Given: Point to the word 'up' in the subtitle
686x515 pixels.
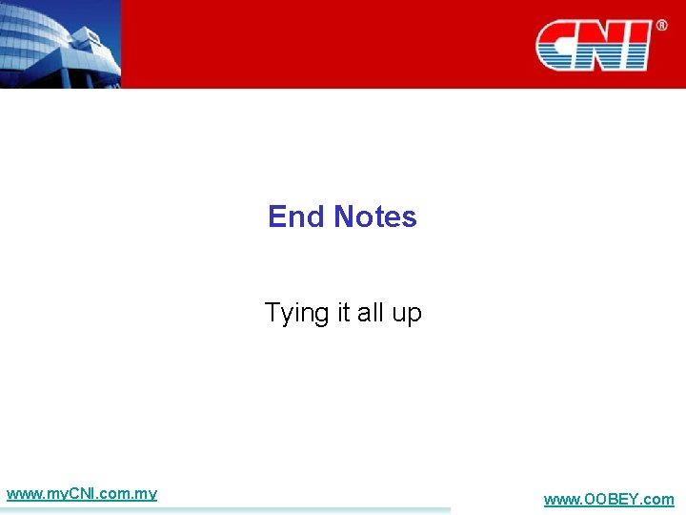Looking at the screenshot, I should (407, 314).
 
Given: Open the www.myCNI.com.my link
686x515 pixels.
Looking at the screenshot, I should (81, 494).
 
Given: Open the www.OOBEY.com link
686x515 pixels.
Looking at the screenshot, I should (608, 499).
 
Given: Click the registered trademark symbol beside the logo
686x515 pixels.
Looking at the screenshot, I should (661, 26).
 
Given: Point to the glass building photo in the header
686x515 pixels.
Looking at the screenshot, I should (60, 43).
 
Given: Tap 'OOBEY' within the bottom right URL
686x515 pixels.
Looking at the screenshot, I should (612, 499).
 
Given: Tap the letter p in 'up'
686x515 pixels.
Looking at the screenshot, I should (414, 315).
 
